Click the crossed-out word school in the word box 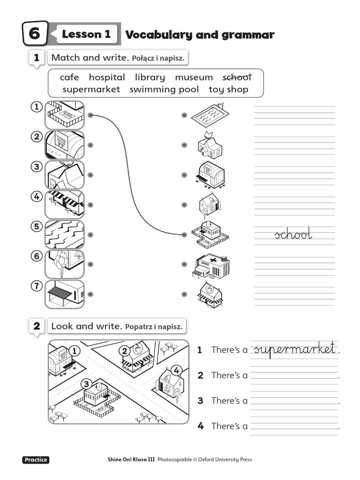pos(237,77)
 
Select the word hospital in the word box pos(107,77)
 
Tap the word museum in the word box pos(194,77)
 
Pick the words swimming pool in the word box pos(164,89)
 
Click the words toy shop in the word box pos(229,89)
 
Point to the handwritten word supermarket pos(294,349)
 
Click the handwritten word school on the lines pos(293,235)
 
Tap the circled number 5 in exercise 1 pos(37,226)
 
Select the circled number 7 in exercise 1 pos(37,285)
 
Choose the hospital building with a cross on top pos(210,266)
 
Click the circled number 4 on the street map pos(176,371)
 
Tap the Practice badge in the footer pos(36,460)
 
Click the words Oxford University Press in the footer pos(225,460)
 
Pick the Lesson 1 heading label pos(86,34)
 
